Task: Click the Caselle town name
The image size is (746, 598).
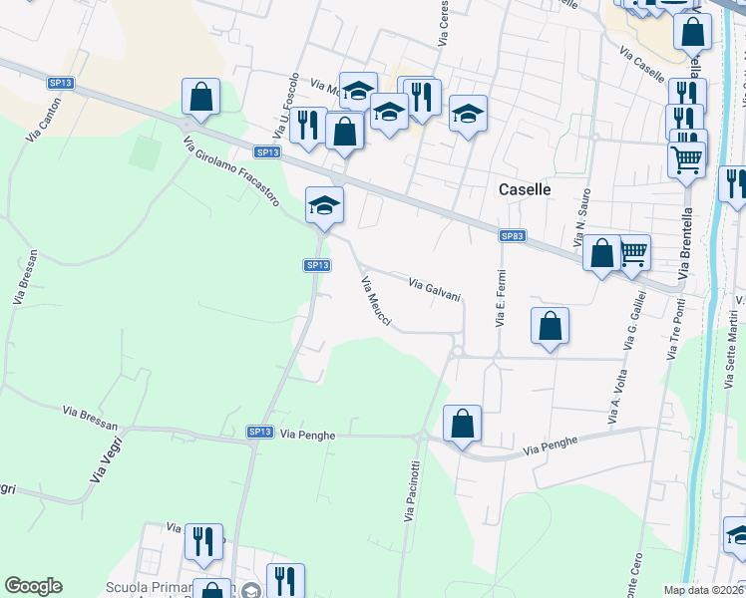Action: point(525,188)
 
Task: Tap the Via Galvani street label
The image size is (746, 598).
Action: point(435,289)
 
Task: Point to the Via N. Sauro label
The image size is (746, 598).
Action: point(581,218)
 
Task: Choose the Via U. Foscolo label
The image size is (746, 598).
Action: point(286,106)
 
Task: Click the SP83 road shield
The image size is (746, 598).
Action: point(512,236)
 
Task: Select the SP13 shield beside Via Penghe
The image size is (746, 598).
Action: point(259,432)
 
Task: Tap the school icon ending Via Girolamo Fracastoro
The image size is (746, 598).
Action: point(324,205)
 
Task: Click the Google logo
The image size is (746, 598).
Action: point(33,586)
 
